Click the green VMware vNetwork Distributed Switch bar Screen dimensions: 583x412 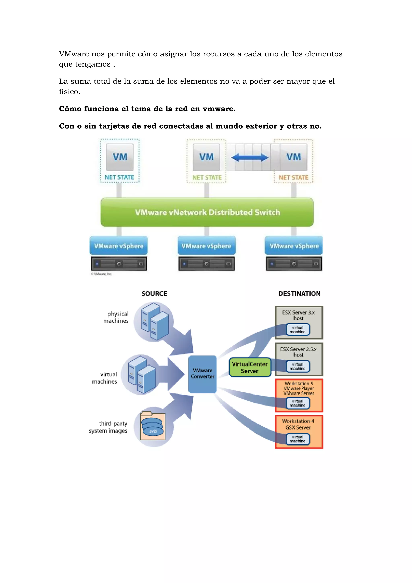[207, 212]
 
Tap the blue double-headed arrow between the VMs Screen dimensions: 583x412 [249, 158]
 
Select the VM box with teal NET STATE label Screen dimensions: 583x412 [120, 157]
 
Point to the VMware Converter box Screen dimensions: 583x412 [202, 374]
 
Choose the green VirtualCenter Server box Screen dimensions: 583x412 [249, 367]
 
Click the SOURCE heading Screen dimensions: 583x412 [154, 294]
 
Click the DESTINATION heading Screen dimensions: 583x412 [299, 294]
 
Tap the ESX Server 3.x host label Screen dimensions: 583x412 [298, 315]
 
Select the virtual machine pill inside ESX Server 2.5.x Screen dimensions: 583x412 [298, 366]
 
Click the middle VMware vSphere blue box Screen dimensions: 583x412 [206, 246]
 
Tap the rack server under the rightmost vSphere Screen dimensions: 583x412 [294, 264]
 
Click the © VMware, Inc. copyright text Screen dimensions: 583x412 [102, 274]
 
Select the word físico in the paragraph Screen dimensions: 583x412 [69, 92]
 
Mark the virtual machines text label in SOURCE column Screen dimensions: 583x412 [105, 378]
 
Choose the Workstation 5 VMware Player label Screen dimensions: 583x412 [299, 386]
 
